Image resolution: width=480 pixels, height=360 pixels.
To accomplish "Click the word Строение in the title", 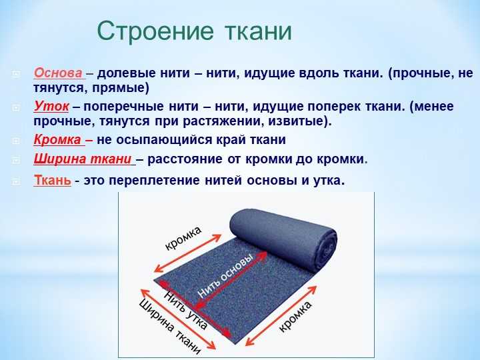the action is [155, 31].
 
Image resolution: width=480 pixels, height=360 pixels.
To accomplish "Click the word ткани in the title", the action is [259, 31].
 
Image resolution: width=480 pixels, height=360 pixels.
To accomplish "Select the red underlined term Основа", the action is [59, 73].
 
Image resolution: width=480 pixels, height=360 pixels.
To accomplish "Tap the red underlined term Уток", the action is [51, 106].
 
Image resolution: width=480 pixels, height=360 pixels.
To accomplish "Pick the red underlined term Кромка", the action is [57, 139].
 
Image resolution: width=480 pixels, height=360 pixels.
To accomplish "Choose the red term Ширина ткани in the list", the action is [83, 159].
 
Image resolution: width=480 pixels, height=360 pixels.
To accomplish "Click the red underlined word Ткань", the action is [53, 180].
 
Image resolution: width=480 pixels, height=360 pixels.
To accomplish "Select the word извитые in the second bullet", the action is [296, 121].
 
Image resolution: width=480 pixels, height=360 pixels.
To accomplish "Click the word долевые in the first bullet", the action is [125, 73].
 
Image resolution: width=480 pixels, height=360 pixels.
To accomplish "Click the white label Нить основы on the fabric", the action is [226, 275].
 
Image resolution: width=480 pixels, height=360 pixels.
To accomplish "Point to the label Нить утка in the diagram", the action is [186, 310].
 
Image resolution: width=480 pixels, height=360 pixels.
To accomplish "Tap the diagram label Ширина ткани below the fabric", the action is [170, 326].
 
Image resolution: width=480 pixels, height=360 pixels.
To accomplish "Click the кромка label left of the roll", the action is [183, 239].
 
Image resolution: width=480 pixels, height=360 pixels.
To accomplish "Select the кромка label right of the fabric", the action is [295, 316].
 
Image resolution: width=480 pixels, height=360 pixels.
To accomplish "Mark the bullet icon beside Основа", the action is [16, 74].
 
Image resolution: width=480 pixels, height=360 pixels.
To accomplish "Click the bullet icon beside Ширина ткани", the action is [16, 159].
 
